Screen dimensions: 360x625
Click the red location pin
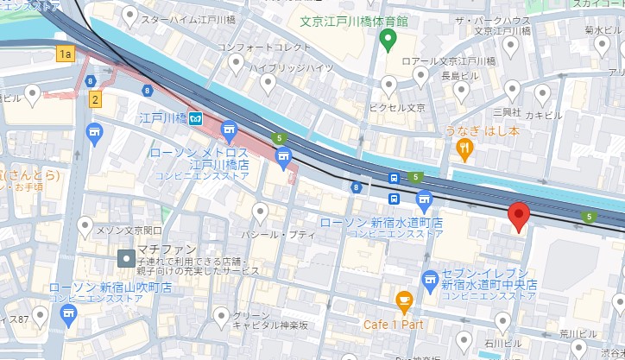click(x=519, y=215)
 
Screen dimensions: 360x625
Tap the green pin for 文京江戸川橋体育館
click(x=388, y=38)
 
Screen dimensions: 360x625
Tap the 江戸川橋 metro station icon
click(x=197, y=118)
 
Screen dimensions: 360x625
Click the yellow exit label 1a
click(x=65, y=54)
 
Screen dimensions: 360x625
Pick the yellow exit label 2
click(x=95, y=99)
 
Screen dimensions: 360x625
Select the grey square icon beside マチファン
click(x=126, y=258)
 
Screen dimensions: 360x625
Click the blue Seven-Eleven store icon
click(x=430, y=278)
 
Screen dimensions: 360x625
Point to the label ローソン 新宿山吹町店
click(x=110, y=287)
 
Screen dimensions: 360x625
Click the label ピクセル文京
click(x=397, y=108)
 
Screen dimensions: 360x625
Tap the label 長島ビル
click(x=456, y=76)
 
